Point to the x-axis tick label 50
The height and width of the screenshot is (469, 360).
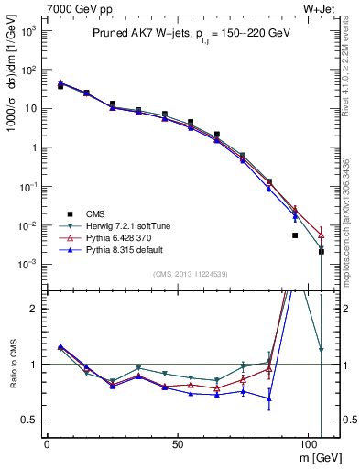coord(178,442)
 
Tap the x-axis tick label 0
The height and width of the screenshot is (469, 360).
coord(47,442)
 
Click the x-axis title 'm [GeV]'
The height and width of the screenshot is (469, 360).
coord(317,457)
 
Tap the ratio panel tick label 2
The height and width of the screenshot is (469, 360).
coord(36,309)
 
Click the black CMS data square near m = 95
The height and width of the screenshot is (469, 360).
coord(295,235)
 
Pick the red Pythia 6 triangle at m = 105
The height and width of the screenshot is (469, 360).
coord(321,234)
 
